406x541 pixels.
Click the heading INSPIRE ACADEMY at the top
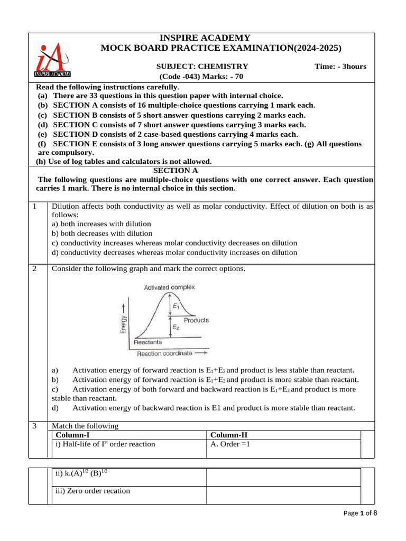205,38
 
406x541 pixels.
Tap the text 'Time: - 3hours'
340,66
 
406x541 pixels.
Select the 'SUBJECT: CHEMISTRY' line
202,66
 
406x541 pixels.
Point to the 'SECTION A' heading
176,170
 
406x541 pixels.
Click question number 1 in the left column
34,207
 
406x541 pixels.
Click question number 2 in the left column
34,268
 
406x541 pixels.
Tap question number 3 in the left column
34,426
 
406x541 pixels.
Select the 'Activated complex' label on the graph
169,287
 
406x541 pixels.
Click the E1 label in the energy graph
176,306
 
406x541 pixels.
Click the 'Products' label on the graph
196,320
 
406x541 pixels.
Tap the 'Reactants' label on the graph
148,342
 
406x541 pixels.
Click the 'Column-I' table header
72,435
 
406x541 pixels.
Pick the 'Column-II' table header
228,435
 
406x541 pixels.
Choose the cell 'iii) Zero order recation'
93,491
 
